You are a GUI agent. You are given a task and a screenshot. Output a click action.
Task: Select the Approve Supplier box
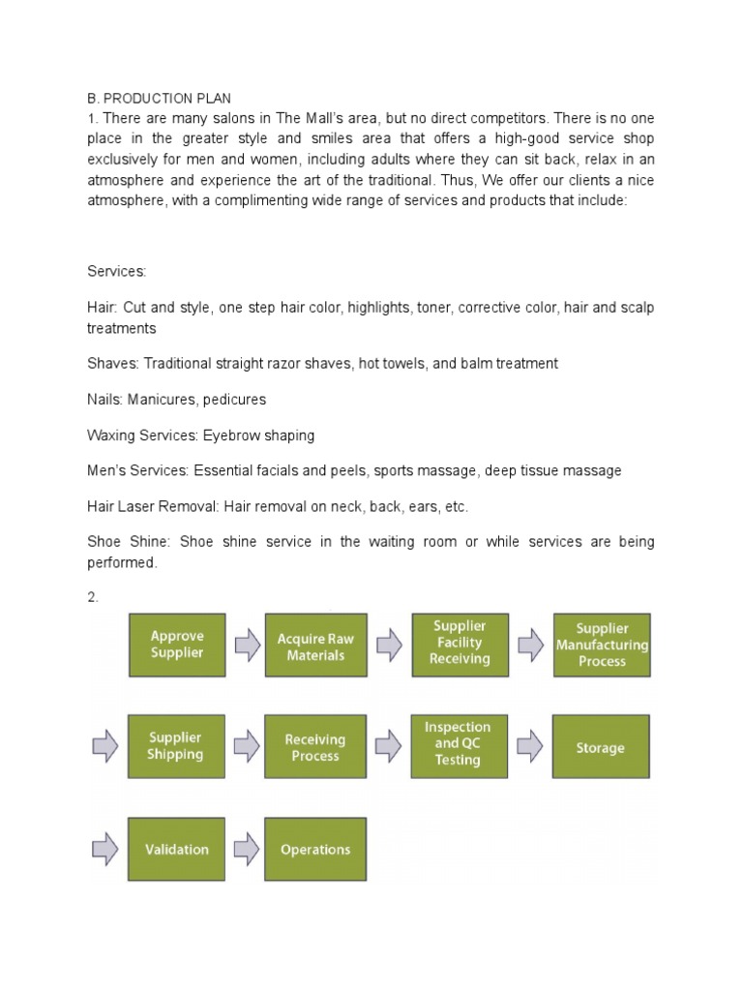pyautogui.click(x=177, y=645)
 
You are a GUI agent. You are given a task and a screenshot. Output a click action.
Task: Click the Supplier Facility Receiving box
pyautogui.click(x=461, y=644)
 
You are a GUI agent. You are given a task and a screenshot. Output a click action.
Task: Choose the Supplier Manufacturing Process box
pyautogui.click(x=602, y=645)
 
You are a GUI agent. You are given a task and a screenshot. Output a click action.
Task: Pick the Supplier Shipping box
pyautogui.click(x=177, y=746)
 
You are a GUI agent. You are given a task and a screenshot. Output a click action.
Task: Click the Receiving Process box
pyautogui.click(x=315, y=747)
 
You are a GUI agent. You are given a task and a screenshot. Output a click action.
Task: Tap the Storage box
pyautogui.click(x=602, y=747)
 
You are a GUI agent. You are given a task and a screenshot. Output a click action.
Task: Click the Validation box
pyautogui.click(x=177, y=849)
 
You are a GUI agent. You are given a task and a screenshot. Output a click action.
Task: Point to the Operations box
pyautogui.click(x=315, y=849)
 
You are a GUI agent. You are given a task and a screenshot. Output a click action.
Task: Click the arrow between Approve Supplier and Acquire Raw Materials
pyautogui.click(x=247, y=646)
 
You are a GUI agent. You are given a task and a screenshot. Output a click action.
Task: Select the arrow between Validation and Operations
pyautogui.click(x=247, y=849)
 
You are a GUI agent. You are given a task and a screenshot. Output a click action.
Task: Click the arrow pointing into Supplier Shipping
pyautogui.click(x=105, y=746)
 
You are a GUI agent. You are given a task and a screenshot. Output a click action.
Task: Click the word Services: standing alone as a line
pyautogui.click(x=116, y=272)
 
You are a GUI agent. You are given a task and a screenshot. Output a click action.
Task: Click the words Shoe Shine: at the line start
pyautogui.click(x=121, y=542)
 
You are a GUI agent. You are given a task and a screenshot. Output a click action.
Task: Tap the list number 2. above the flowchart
pyautogui.click(x=93, y=598)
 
